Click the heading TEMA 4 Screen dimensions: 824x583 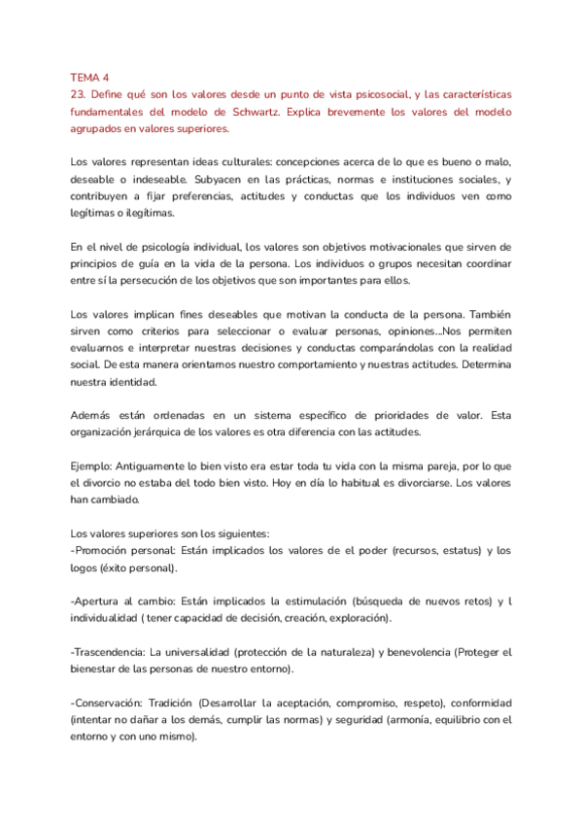[x=90, y=76]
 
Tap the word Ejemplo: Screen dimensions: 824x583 [x=95, y=467]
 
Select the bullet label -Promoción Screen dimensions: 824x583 [x=103, y=551]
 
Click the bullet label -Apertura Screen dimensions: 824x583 [x=99, y=602]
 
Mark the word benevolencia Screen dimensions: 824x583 [x=419, y=652]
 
